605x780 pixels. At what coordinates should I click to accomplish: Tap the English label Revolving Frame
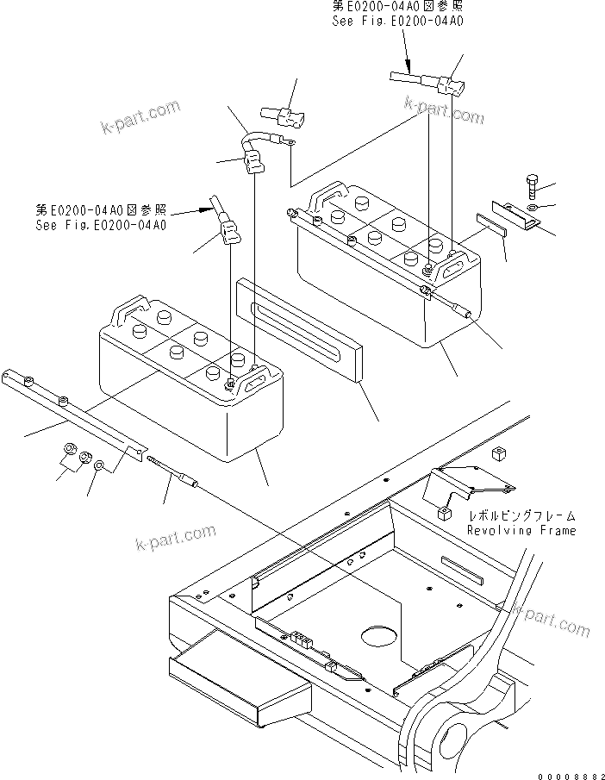tap(521, 531)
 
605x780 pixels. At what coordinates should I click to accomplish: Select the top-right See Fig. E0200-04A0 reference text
tap(397, 20)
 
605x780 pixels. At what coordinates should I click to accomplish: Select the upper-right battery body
tap(379, 276)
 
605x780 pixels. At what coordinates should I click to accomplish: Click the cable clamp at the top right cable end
tap(450, 87)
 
